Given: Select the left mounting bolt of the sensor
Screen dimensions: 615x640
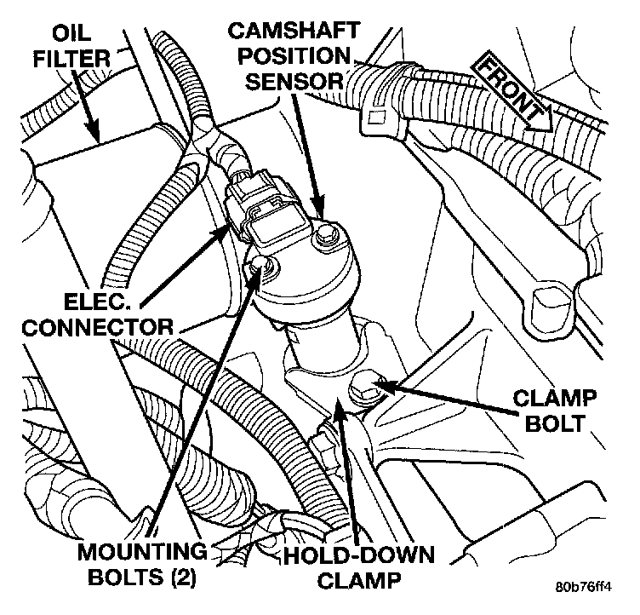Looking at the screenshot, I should tap(261, 270).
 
